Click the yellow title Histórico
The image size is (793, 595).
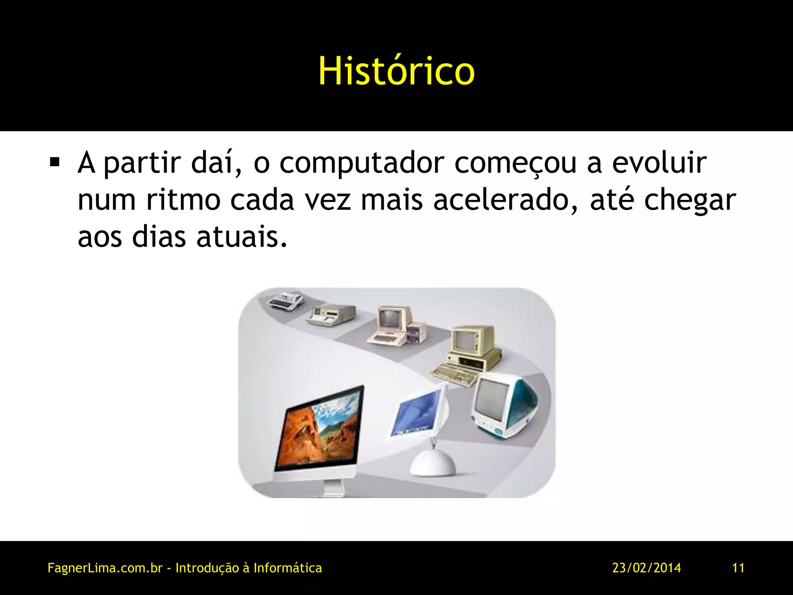click(x=396, y=71)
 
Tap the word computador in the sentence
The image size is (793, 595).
click(x=362, y=163)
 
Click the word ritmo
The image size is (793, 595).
click(x=183, y=200)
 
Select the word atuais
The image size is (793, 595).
click(x=242, y=236)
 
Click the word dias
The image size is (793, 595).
click(x=159, y=236)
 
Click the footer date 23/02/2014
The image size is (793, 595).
click(x=646, y=568)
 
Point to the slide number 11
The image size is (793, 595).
click(x=738, y=568)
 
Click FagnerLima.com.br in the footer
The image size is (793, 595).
click(x=105, y=568)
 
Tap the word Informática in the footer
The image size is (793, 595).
click(x=287, y=568)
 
